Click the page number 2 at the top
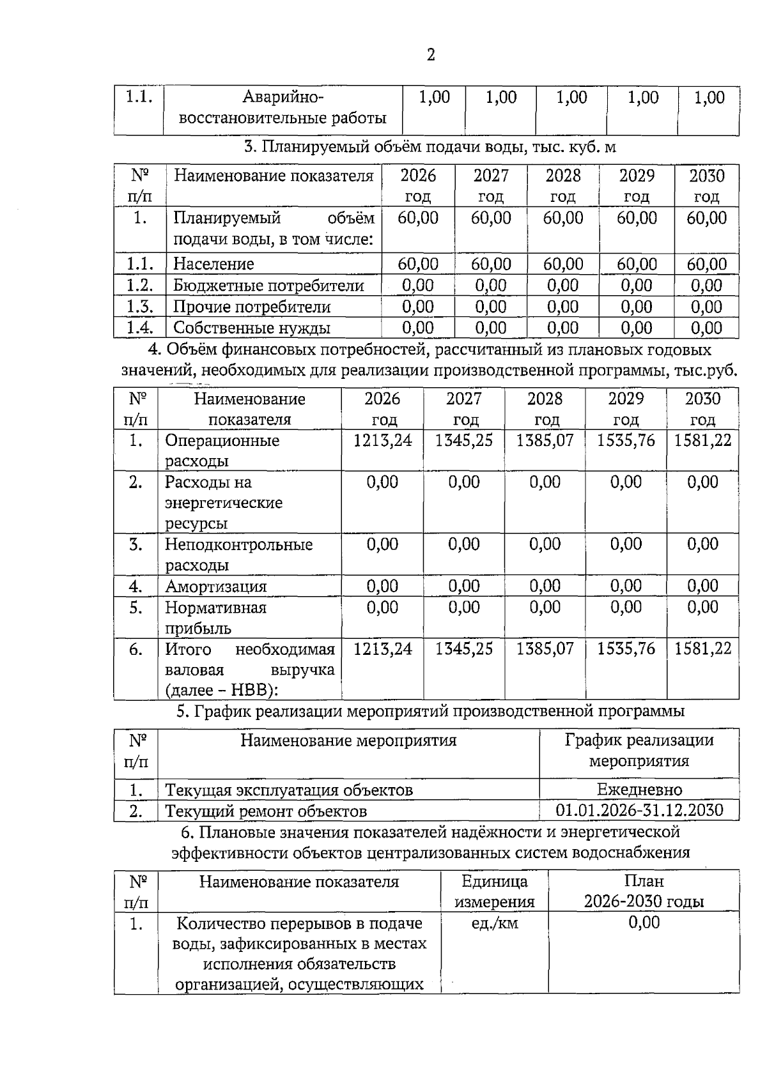pyautogui.click(x=430, y=55)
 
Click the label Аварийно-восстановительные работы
pyautogui.click(x=283, y=108)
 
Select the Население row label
pyautogui.click(x=213, y=264)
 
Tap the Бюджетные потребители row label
pyautogui.click(x=268, y=286)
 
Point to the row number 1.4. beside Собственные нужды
pyautogui.click(x=139, y=328)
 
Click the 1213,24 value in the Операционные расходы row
pyautogui.click(x=382, y=440)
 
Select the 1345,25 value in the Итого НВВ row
pyautogui.click(x=463, y=649)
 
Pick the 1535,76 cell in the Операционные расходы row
pyautogui.click(x=626, y=440)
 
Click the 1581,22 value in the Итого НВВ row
pyautogui.click(x=702, y=649)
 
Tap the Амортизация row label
pyautogui.click(x=215, y=586)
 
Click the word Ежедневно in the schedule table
pyautogui.click(x=639, y=790)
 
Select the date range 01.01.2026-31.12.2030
pyautogui.click(x=639, y=811)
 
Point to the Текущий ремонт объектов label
pyautogui.click(x=266, y=811)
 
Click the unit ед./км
pyautogui.click(x=494, y=923)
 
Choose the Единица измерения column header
pyautogui.click(x=494, y=892)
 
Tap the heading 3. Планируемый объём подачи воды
pyautogui.click(x=430, y=148)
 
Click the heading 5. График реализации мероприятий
pyautogui.click(x=430, y=711)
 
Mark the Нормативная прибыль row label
pyautogui.click(x=215, y=618)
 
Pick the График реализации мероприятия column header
pyautogui.click(x=639, y=751)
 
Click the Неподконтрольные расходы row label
pyautogui.click(x=238, y=555)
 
